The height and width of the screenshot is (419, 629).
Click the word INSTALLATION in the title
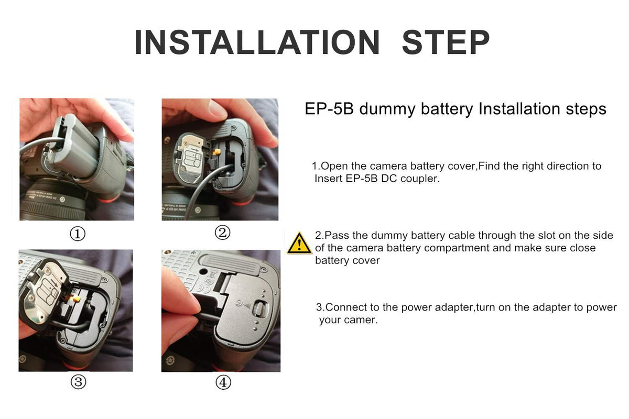(257, 42)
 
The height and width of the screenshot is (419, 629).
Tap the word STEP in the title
(446, 42)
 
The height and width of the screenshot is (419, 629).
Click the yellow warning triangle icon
(299, 243)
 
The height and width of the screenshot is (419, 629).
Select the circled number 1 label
(78, 234)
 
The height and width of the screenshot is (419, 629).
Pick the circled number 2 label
(222, 233)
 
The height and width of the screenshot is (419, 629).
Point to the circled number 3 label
(78, 382)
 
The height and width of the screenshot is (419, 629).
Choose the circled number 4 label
(223, 382)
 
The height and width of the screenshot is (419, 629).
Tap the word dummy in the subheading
(387, 109)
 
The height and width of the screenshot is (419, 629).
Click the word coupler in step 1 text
(420, 179)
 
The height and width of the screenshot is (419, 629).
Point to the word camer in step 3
(363, 320)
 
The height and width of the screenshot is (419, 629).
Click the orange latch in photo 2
(216, 152)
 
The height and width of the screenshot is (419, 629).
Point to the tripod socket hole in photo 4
(203, 272)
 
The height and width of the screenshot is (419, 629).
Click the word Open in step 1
(334, 167)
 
